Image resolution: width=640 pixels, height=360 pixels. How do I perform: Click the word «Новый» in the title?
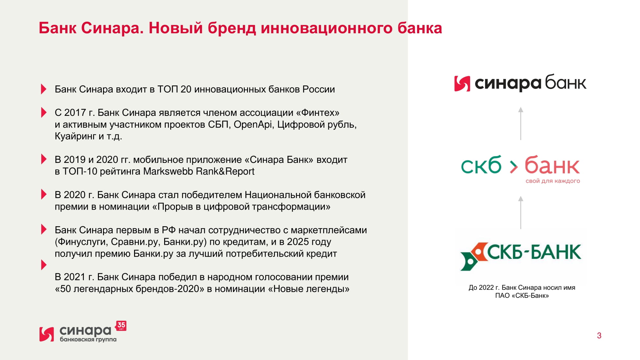(x=176, y=28)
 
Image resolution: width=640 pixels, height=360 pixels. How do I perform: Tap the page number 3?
(x=599, y=335)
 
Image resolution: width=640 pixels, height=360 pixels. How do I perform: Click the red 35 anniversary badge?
(x=121, y=326)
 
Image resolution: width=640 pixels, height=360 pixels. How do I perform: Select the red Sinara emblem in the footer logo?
(x=46, y=334)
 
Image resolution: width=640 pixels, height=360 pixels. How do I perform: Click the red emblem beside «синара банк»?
(x=462, y=84)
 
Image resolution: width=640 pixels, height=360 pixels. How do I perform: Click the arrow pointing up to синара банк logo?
(x=521, y=124)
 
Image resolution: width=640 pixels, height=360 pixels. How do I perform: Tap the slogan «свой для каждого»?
(x=553, y=181)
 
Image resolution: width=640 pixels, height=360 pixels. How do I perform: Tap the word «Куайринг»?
(x=75, y=136)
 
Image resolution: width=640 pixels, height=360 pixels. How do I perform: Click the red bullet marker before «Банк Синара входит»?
(x=44, y=89)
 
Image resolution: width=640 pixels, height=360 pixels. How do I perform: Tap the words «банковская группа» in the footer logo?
(x=88, y=339)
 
